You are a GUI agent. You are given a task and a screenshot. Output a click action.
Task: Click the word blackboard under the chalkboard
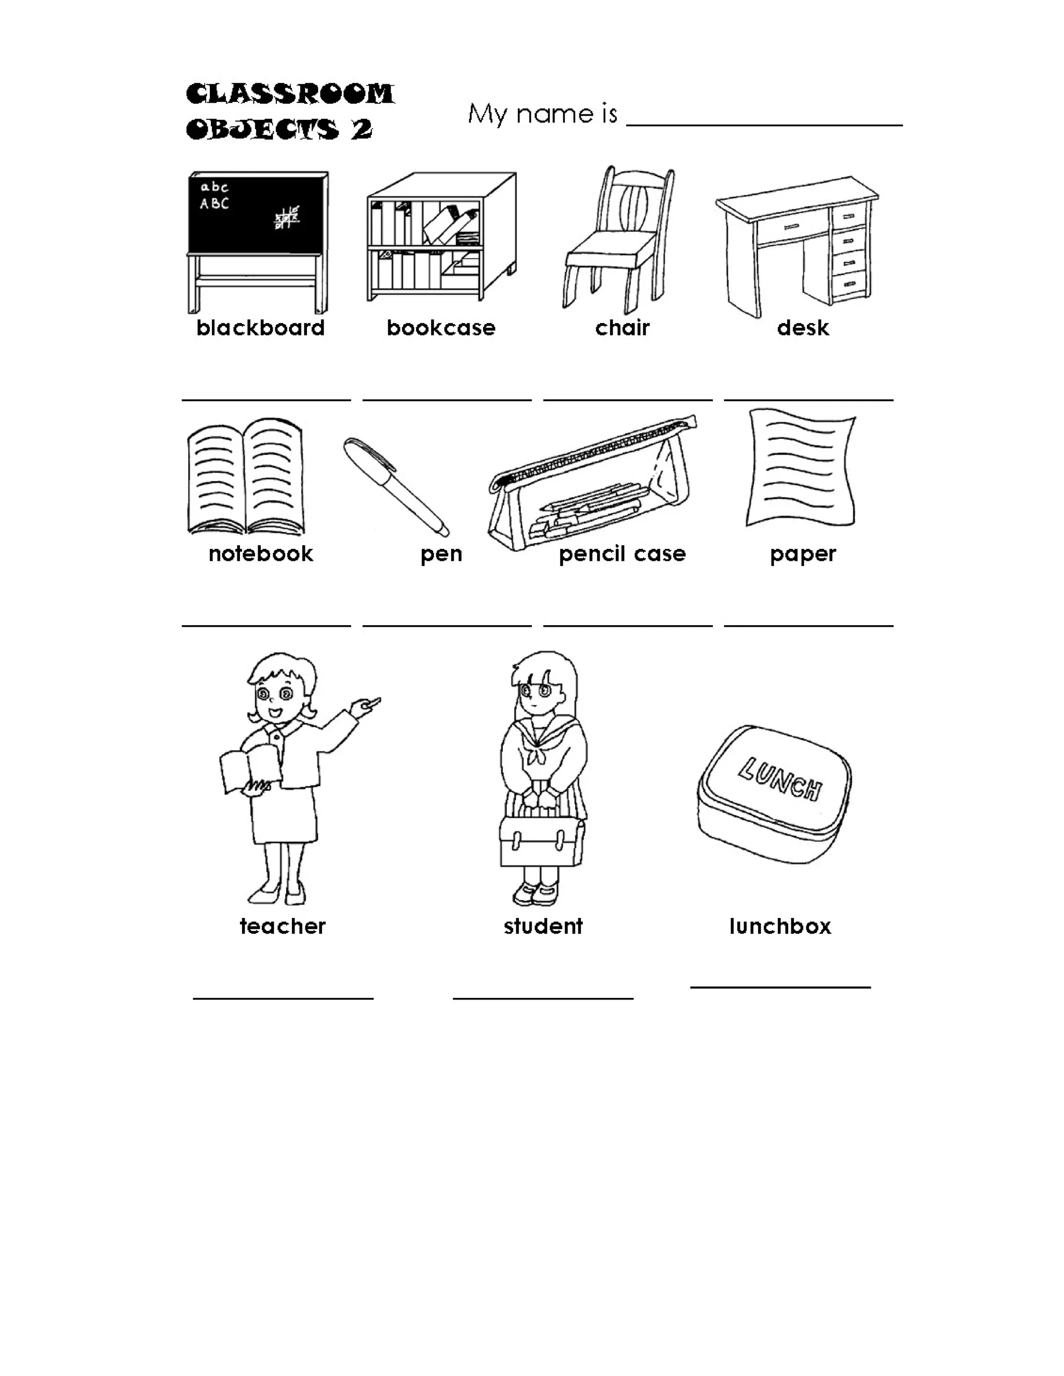click(260, 328)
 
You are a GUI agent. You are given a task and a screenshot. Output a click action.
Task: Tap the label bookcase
click(441, 328)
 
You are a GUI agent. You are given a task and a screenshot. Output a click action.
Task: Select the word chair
click(621, 328)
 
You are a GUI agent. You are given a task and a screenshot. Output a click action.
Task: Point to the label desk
click(802, 328)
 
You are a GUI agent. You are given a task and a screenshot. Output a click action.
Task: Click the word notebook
click(260, 554)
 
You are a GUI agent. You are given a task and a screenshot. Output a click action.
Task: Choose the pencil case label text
click(621, 554)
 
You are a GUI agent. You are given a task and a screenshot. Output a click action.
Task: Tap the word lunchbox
click(780, 926)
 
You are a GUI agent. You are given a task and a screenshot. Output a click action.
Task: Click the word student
click(543, 926)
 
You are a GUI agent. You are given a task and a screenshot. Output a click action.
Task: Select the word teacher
click(283, 926)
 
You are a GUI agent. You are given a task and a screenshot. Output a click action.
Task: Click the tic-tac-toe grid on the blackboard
click(287, 218)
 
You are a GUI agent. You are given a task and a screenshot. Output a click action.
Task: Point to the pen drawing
click(396, 487)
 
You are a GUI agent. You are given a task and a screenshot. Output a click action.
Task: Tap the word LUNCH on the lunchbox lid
click(780, 779)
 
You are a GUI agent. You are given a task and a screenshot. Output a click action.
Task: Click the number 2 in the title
click(361, 129)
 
